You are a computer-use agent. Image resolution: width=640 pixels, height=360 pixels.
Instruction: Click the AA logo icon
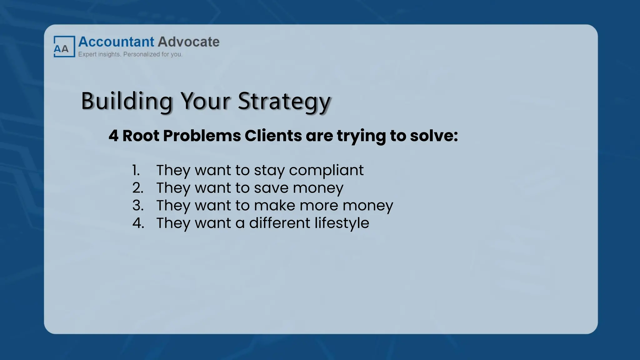pyautogui.click(x=64, y=47)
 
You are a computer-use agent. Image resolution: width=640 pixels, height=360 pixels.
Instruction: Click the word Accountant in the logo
pyautogui.click(x=116, y=42)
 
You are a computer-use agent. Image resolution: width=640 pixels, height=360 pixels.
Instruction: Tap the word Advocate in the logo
pyautogui.click(x=188, y=42)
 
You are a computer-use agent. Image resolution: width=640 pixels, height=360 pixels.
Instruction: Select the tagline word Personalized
pyautogui.click(x=142, y=54)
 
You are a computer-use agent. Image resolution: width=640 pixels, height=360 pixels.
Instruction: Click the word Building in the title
pyautogui.click(x=127, y=101)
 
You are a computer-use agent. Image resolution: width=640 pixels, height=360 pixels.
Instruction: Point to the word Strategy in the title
pyautogui.click(x=284, y=101)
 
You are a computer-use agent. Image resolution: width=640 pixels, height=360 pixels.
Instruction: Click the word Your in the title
pyautogui.click(x=205, y=101)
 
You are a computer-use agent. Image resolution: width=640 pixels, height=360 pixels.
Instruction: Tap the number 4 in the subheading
pyautogui.click(x=113, y=136)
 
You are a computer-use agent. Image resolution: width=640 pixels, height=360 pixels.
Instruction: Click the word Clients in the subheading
pyautogui.click(x=273, y=136)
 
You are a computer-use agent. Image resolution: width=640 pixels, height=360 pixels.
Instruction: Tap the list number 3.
pyautogui.click(x=138, y=206)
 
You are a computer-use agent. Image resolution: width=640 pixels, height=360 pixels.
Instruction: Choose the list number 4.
pyautogui.click(x=138, y=223)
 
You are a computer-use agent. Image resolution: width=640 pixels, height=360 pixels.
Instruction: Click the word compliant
pyautogui.click(x=326, y=171)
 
